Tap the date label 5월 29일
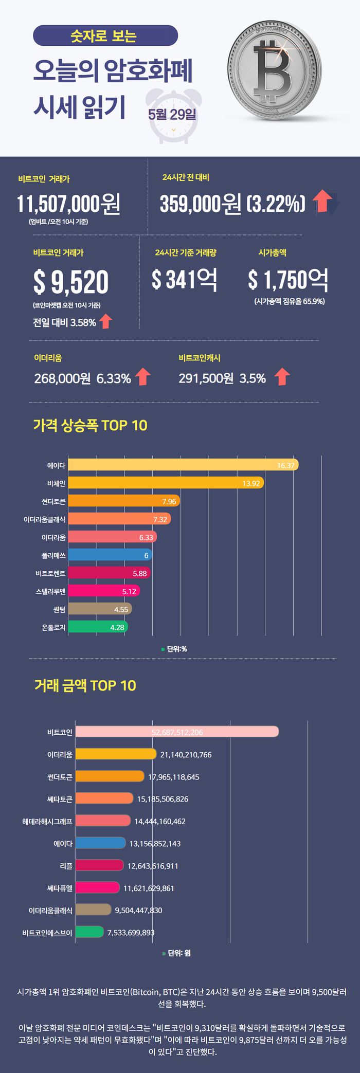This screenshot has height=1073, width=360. coord(172,114)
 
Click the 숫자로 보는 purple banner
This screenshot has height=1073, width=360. coord(105,36)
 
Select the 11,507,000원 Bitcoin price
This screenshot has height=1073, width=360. coord(68,204)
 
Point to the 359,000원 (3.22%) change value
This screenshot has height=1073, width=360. coord(232,204)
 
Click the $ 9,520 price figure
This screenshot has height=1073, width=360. coord(71,282)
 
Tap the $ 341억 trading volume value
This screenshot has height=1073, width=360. coord(184,279)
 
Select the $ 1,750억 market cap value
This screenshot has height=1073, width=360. coord(287,279)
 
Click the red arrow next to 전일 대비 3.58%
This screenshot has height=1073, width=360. coord(105,322)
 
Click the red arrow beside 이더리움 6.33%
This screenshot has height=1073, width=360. coord(142,377)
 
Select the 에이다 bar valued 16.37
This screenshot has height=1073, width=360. coord(183,465)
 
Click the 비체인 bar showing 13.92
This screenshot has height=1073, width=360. coord(166,483)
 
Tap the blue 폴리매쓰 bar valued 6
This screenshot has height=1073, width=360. coord(110,555)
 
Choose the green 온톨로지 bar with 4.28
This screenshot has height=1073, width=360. coord(98,627)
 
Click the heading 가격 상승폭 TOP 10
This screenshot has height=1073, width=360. coord(90,425)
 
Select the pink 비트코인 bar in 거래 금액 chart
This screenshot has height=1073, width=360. coord(177,732)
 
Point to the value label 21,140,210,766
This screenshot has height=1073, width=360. coord(186,754)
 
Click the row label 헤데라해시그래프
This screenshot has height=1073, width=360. coord(47,821)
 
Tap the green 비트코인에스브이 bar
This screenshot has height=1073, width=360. coord(89,932)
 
